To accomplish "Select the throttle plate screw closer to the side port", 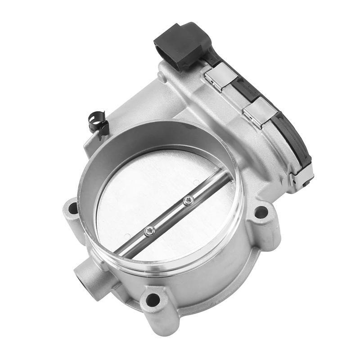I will pyautogui.click(x=149, y=231).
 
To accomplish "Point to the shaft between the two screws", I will pyautogui.click(x=169, y=216).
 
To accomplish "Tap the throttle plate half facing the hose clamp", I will pyautogui.click(x=148, y=184).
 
